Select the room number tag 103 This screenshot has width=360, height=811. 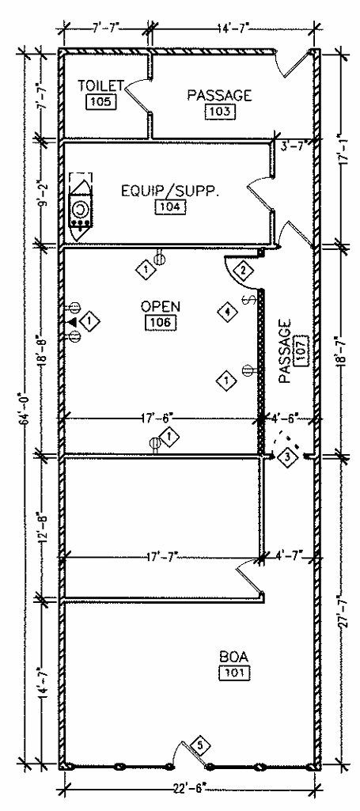click(x=219, y=111)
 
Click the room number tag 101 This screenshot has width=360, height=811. click(x=234, y=673)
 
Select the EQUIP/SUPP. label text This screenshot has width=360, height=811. click(x=169, y=191)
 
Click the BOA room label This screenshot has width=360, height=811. click(x=235, y=657)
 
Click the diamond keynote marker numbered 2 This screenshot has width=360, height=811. click(x=243, y=271)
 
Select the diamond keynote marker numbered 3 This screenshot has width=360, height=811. click(x=288, y=457)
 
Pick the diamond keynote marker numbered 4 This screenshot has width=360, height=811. click(x=228, y=312)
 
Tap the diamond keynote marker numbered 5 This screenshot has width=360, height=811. click(x=199, y=745)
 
